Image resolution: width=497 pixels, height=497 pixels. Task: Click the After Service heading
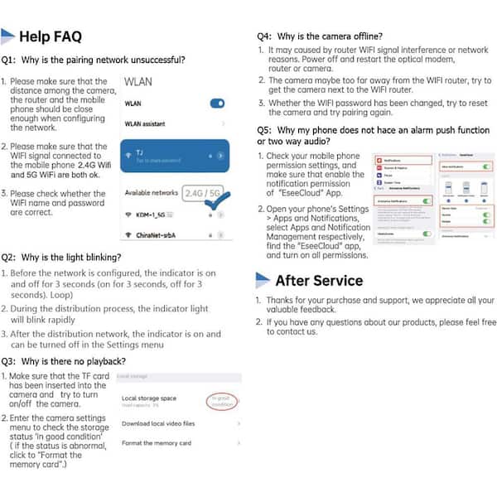pos(319,280)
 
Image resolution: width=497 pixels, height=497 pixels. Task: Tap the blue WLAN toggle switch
pos(217,104)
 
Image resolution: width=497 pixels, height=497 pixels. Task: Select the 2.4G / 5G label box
pos(204,192)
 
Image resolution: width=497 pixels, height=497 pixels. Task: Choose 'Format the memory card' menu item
pos(157,443)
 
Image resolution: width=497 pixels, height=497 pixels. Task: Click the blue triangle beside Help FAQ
pos(8,35)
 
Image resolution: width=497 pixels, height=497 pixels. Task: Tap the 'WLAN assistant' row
pos(146,123)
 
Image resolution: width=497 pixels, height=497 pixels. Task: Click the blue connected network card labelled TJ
pos(174,155)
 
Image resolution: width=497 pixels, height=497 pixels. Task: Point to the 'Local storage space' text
pos(149,398)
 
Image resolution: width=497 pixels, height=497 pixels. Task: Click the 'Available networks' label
pos(152,192)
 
